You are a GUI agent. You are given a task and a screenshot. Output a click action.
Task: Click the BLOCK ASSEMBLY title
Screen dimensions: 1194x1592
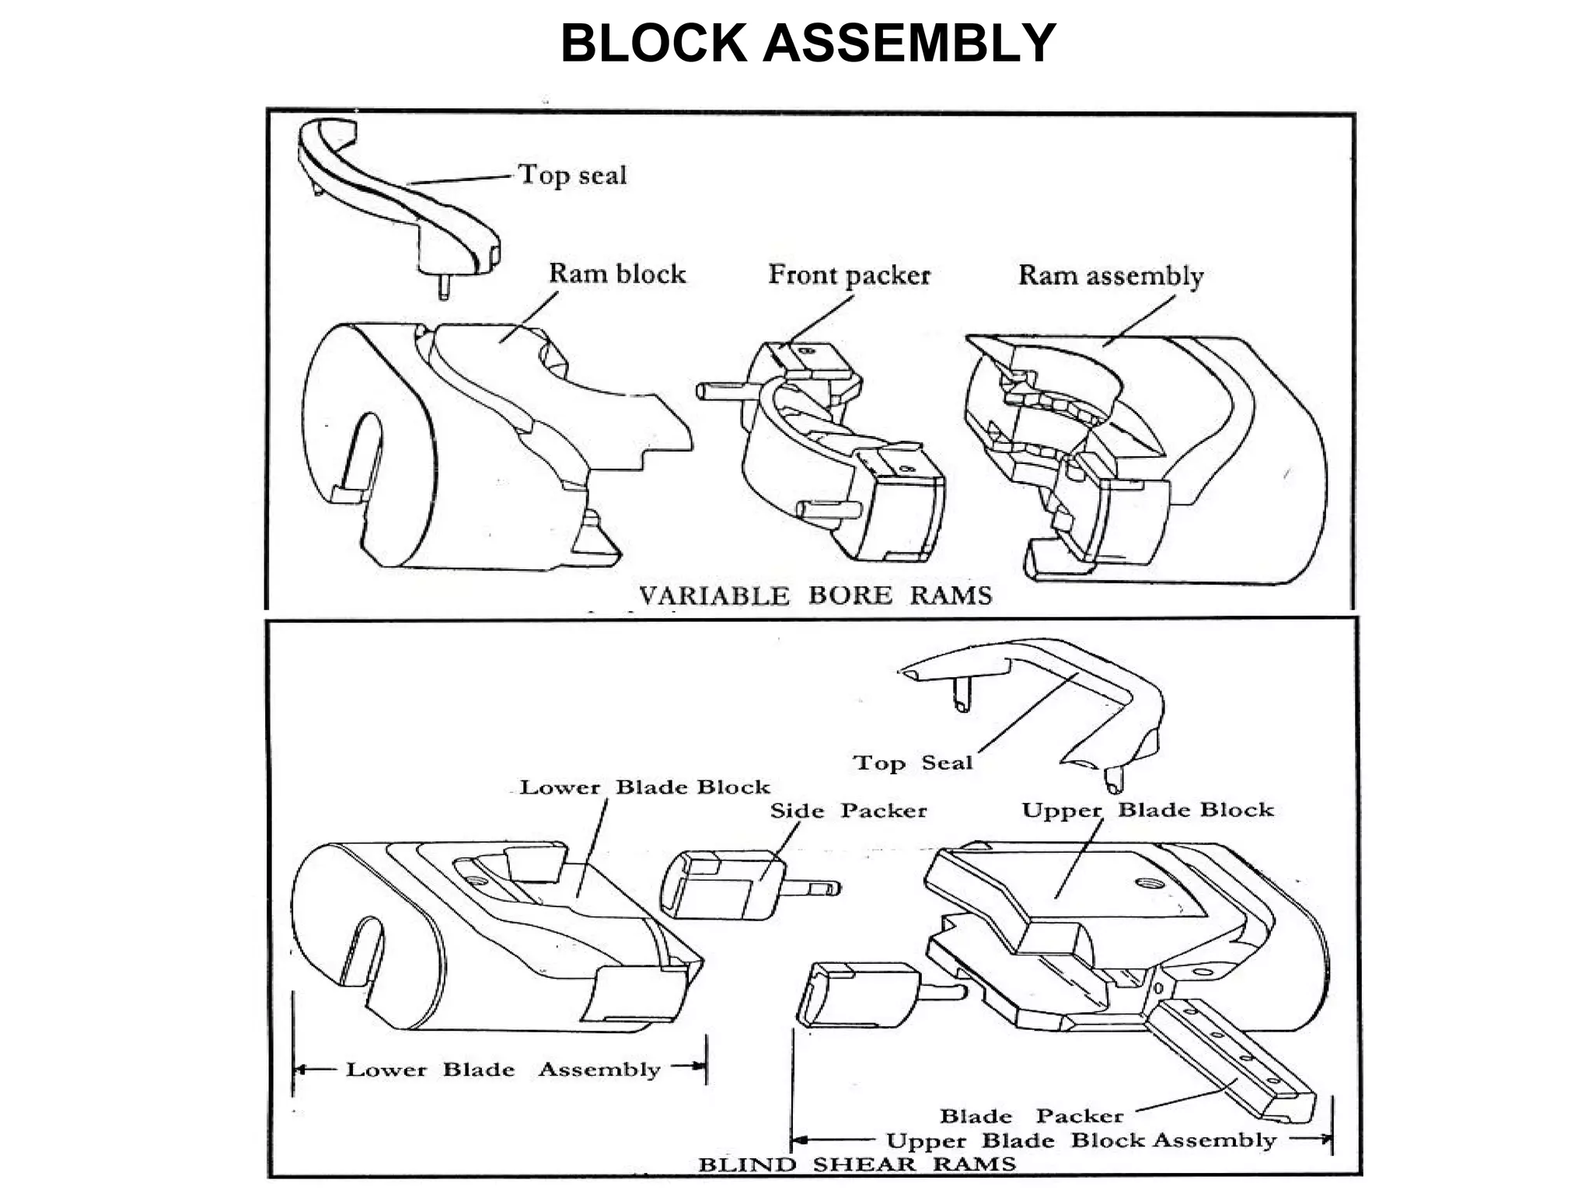click(x=808, y=44)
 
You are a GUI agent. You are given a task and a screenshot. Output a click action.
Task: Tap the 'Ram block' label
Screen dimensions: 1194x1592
click(x=617, y=274)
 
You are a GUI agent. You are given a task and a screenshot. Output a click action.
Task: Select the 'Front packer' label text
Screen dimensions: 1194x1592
click(x=849, y=274)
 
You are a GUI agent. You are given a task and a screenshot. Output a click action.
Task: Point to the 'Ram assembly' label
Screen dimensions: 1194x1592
click(x=1110, y=275)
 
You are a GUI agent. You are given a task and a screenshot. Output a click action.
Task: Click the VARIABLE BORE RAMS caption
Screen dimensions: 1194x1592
click(x=815, y=595)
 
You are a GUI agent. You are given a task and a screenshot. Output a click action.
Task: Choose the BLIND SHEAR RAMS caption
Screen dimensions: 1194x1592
click(x=857, y=1164)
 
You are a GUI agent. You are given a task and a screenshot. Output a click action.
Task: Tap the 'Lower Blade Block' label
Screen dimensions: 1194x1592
click(x=644, y=787)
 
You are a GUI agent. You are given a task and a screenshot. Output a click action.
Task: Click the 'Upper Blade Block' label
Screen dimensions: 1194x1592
click(x=1147, y=810)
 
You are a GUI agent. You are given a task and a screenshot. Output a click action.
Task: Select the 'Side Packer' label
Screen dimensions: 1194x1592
click(x=848, y=811)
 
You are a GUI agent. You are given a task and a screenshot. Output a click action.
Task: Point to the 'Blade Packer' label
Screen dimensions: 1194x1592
click(x=1032, y=1116)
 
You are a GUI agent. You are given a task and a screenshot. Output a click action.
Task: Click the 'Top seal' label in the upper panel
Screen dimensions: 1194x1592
click(x=572, y=175)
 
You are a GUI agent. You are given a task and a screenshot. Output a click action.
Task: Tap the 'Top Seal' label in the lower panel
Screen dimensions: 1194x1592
click(x=913, y=763)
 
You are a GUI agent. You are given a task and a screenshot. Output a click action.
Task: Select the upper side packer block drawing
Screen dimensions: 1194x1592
click(x=723, y=886)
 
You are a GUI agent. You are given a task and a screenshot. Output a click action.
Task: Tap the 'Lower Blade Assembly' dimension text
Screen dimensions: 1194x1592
click(x=502, y=1070)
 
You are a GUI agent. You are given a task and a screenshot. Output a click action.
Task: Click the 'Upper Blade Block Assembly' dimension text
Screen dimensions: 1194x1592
click(x=1081, y=1140)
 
